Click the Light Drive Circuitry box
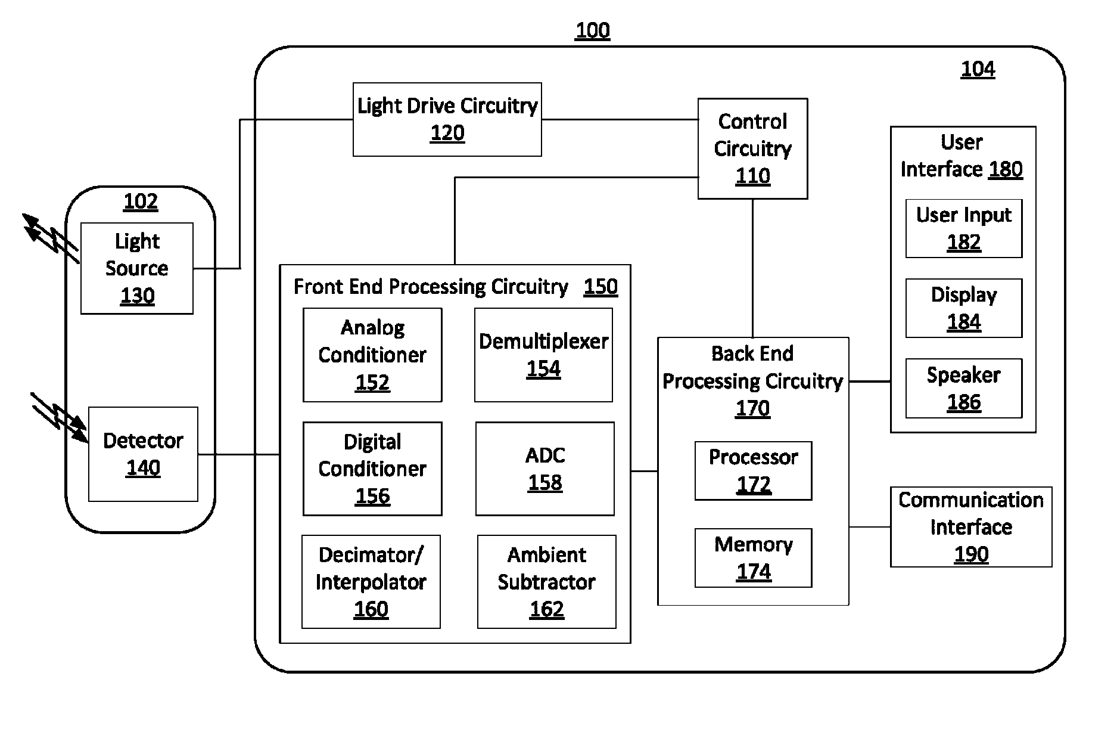pyautogui.click(x=447, y=119)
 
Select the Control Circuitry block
pyautogui.click(x=752, y=148)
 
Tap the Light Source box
pyautogui.click(x=137, y=268)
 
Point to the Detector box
pyautogui.click(x=143, y=454)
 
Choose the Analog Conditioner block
pyautogui.click(x=372, y=355)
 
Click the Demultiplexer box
pyautogui.click(x=543, y=355)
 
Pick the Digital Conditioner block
pyautogui.click(x=372, y=469)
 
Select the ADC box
pyautogui.click(x=545, y=469)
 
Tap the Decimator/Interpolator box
pyautogui.click(x=371, y=582)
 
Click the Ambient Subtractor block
pyautogui.click(x=546, y=582)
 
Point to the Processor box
pyautogui.click(x=753, y=471)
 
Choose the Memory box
pyautogui.click(x=753, y=558)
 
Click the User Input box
pyautogui.click(x=964, y=228)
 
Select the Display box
pyautogui.click(x=964, y=308)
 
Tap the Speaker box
pyautogui.click(x=964, y=388)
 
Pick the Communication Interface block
pyautogui.click(x=971, y=527)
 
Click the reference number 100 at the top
pyautogui.click(x=593, y=30)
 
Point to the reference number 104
pyautogui.click(x=978, y=69)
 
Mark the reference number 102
pyautogui.click(x=141, y=201)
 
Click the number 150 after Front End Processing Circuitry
pyautogui.click(x=600, y=287)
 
